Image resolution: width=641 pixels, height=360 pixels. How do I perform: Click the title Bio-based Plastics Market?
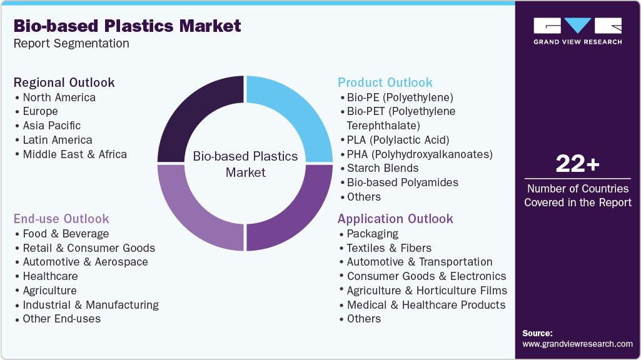click(x=127, y=26)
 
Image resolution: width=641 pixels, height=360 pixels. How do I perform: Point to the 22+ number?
click(x=577, y=164)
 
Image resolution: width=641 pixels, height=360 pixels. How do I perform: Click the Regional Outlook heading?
click(x=64, y=82)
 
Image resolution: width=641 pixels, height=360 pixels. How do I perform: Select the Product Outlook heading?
click(x=385, y=82)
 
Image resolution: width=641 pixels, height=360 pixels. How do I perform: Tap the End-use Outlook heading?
click(x=61, y=219)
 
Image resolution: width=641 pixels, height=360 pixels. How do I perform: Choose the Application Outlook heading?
click(x=395, y=219)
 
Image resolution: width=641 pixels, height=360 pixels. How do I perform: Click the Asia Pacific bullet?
click(x=52, y=126)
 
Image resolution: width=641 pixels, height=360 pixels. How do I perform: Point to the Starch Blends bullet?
click(x=383, y=168)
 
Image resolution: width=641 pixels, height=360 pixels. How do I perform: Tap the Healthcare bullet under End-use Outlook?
click(x=50, y=276)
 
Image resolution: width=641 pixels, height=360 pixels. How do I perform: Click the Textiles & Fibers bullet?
click(x=389, y=248)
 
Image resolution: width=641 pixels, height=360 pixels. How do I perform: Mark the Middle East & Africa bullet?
click(x=74, y=154)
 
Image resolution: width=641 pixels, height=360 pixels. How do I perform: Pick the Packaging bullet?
click(x=373, y=234)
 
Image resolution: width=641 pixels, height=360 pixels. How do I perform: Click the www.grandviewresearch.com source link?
click(x=577, y=344)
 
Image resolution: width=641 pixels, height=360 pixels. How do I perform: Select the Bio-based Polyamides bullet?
click(x=403, y=182)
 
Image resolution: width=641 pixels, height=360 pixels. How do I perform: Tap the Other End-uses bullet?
click(x=61, y=319)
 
